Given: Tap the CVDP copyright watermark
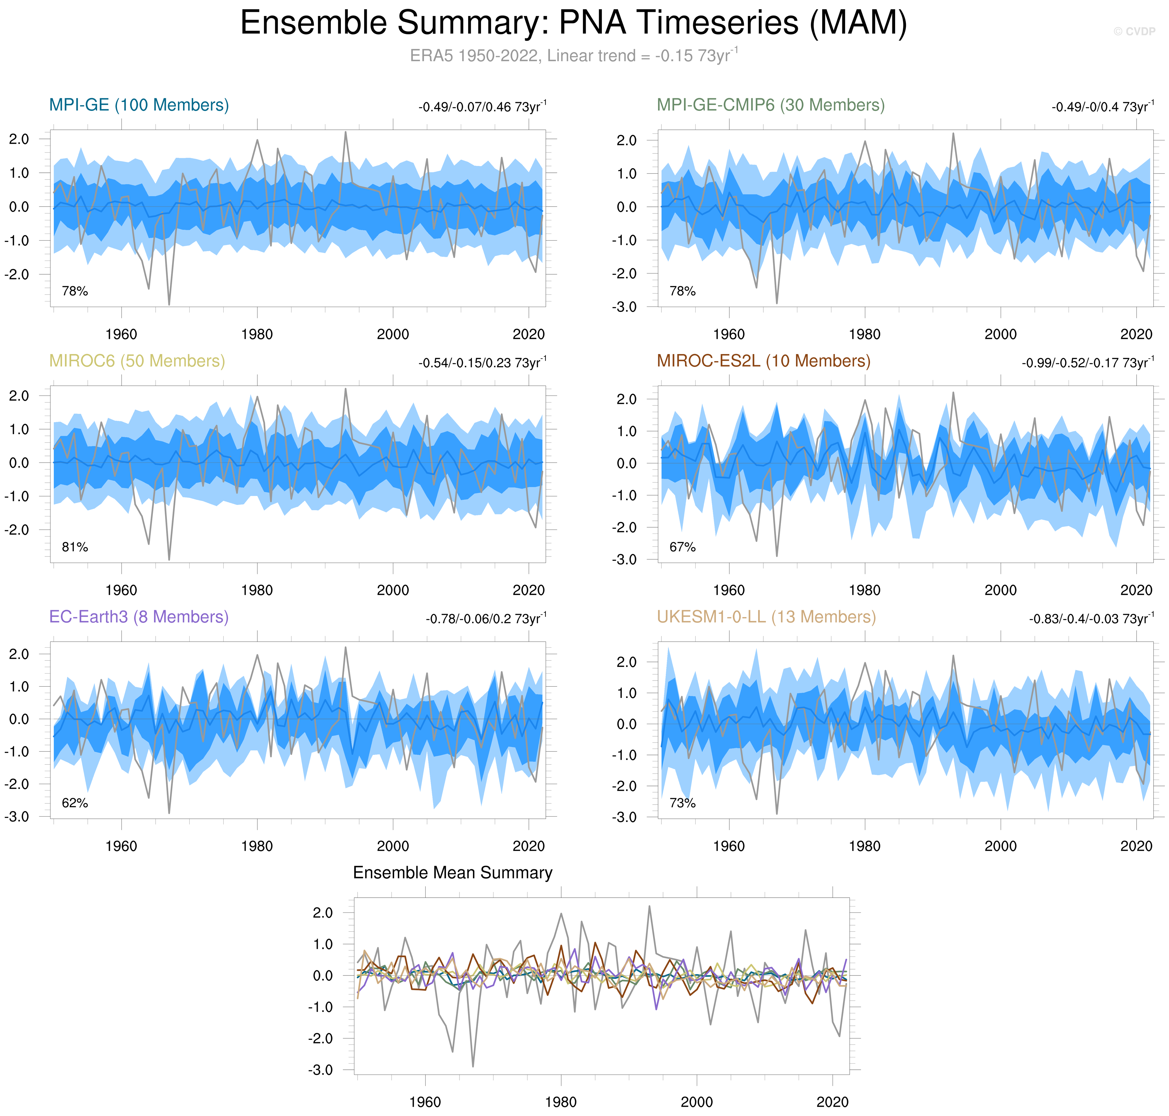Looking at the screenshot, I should pyautogui.click(x=1134, y=32).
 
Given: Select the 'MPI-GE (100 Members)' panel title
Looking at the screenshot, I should pyautogui.click(x=139, y=105).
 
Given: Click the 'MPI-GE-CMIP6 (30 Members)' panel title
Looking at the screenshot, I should pyautogui.click(x=770, y=105).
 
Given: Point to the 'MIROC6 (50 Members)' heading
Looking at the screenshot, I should pyautogui.click(x=137, y=361).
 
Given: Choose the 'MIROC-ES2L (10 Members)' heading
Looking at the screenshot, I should pyautogui.click(x=763, y=361).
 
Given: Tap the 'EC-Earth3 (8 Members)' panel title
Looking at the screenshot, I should pyautogui.click(x=139, y=617).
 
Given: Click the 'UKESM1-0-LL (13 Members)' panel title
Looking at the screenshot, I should pyautogui.click(x=766, y=617).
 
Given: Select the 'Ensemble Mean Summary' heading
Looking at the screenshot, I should pyautogui.click(x=452, y=873).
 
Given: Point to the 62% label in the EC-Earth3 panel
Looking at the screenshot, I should pyautogui.click(x=75, y=803).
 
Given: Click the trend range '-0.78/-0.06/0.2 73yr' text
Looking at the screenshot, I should pyautogui.click(x=485, y=619).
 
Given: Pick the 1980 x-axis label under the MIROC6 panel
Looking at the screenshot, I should pyautogui.click(x=257, y=590).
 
